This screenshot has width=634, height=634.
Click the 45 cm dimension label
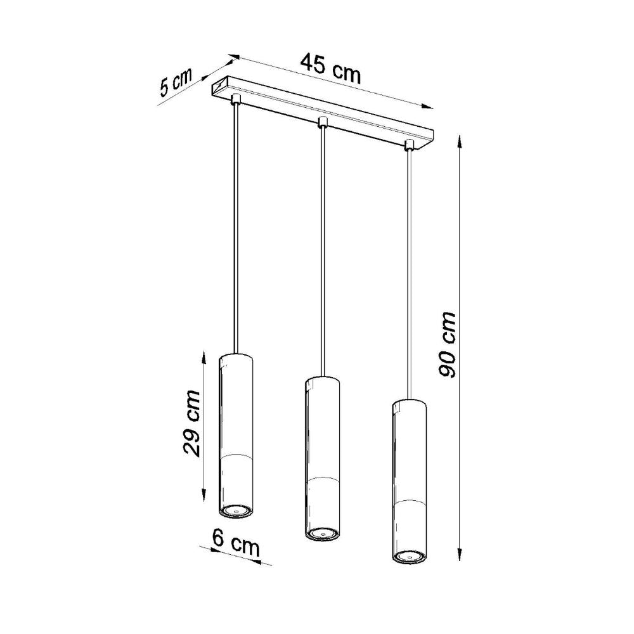330,69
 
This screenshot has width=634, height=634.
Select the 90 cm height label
448,345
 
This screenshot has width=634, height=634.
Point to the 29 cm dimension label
190,423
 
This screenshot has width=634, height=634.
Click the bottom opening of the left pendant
236,510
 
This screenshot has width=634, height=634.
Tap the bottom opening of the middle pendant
322,534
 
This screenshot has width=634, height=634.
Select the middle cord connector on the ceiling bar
323,120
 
